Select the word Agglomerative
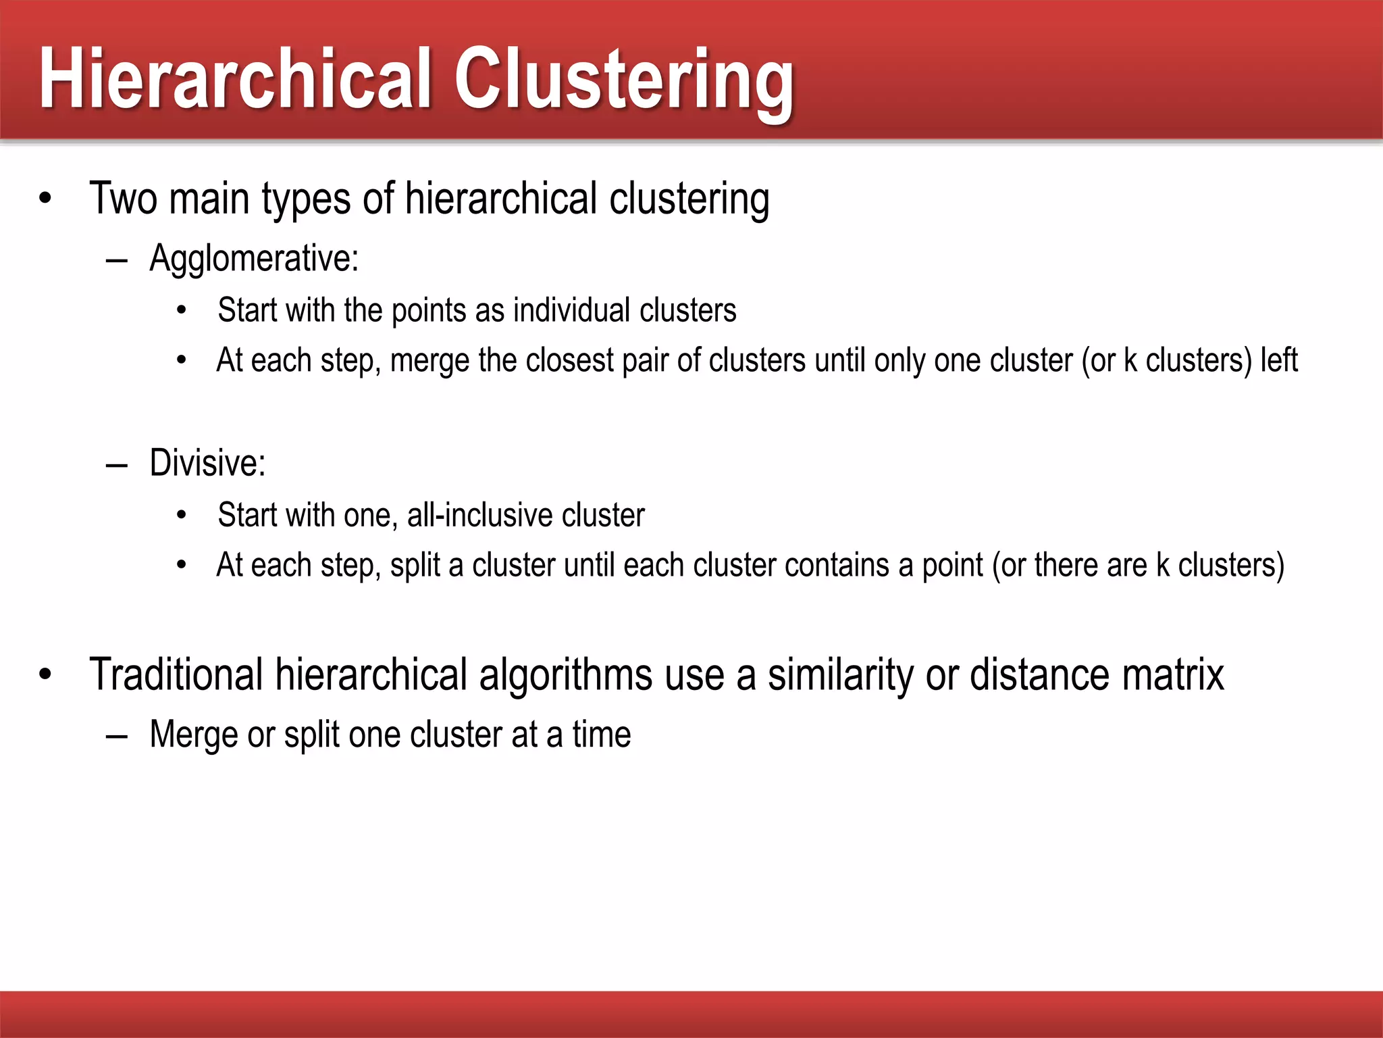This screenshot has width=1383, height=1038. coord(253,258)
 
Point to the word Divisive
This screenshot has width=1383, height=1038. coord(207,463)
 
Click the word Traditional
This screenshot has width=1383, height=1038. coord(176,674)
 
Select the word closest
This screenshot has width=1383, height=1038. coord(569,360)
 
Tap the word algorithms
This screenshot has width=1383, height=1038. coord(565,676)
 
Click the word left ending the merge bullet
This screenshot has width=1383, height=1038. coord(1279,360)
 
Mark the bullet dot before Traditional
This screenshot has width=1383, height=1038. coord(45,674)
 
